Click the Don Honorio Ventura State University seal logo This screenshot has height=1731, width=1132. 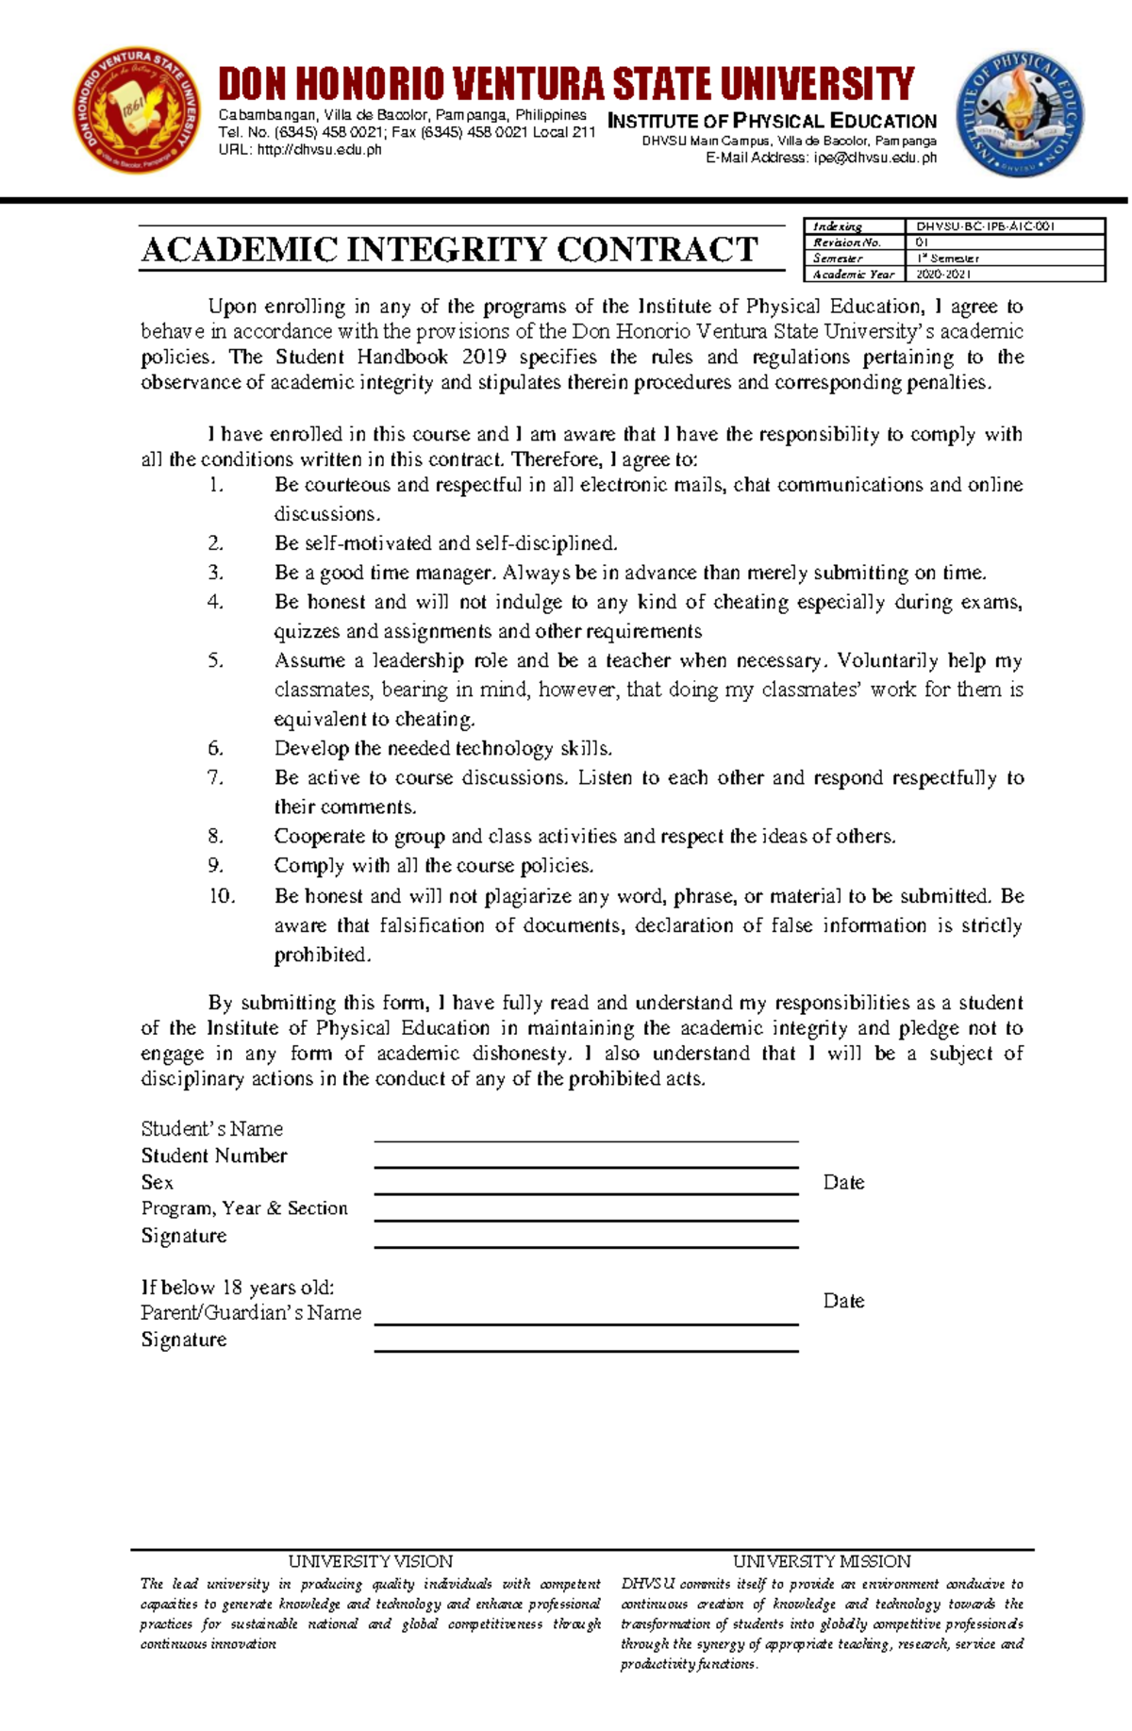138,111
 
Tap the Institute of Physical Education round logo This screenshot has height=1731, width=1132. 1020,115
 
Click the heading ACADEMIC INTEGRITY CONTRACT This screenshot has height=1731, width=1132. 449,249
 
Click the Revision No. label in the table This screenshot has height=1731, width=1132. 846,242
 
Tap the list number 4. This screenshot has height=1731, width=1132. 215,602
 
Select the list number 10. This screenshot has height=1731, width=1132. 222,896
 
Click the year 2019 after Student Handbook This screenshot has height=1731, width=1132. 484,357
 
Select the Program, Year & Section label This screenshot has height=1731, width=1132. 244,1208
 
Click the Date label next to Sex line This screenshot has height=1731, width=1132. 843,1182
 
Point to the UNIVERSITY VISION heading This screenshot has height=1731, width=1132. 370,1561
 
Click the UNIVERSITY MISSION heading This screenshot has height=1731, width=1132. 821,1561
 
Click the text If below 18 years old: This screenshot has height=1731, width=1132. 238,1287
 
